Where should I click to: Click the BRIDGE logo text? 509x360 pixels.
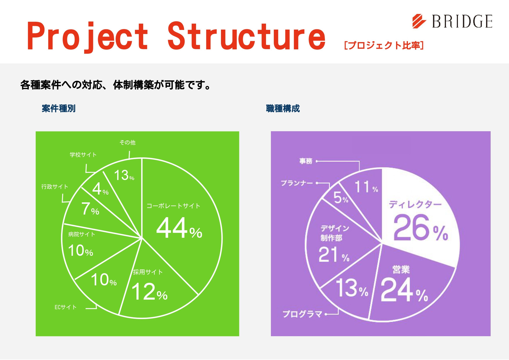click(x=462, y=21)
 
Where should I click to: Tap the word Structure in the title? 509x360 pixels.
click(x=247, y=36)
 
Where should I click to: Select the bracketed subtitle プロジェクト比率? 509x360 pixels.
click(x=384, y=45)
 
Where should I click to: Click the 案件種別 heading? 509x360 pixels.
click(x=59, y=109)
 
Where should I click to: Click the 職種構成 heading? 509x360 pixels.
click(x=283, y=109)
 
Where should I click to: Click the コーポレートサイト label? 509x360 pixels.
click(x=173, y=206)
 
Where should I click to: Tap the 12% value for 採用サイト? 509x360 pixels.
click(x=150, y=291)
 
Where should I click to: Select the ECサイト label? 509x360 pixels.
click(x=66, y=307)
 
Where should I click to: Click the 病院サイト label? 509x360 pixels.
click(x=82, y=234)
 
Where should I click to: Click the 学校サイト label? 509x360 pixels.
click(x=83, y=155)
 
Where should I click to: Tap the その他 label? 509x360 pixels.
click(x=127, y=142)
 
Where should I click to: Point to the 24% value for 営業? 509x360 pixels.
click(x=404, y=289)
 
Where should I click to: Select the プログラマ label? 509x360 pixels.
click(x=303, y=314)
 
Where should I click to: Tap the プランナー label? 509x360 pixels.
click(x=297, y=183)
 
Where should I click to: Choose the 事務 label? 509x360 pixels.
click(x=306, y=161)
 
